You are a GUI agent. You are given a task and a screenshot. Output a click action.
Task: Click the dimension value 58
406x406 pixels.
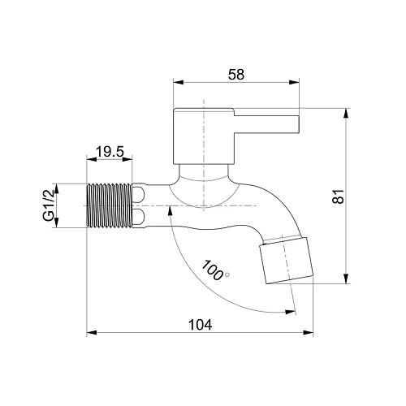[x=236, y=75]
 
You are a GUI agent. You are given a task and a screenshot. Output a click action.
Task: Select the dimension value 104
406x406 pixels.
[x=201, y=325]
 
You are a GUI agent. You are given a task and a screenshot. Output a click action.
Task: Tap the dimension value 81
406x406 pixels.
[x=339, y=197]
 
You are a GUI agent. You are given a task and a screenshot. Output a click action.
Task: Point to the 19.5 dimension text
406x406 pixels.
[x=110, y=152]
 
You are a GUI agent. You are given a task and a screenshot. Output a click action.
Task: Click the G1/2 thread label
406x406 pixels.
[x=48, y=205]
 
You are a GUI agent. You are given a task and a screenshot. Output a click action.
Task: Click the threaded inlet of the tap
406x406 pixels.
[x=109, y=205]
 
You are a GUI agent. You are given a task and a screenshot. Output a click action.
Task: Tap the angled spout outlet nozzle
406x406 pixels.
[x=287, y=261]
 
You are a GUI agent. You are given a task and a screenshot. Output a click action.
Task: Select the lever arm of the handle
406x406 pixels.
[x=266, y=124]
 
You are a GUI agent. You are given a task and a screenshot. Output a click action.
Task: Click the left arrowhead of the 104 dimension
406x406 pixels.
[x=92, y=332]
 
